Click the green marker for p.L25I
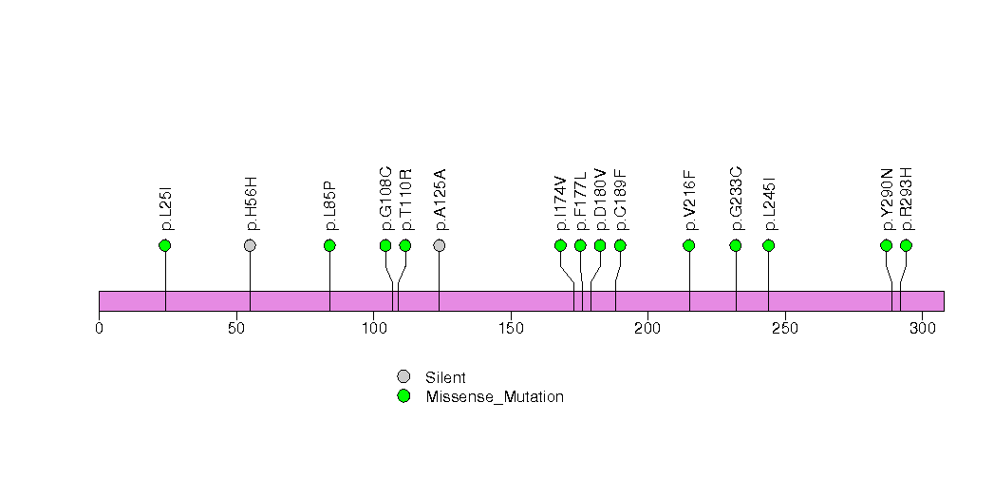coord(165,245)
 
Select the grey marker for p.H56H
coord(250,245)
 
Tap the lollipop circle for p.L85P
coord(329,245)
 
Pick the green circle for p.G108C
coord(385,245)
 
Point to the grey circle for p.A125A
coord(440,245)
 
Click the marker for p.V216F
coord(689,245)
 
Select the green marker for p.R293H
coord(906,245)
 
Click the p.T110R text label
coord(406,201)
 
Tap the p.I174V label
coord(561,202)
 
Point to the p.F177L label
coord(581,201)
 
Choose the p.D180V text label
coord(601,201)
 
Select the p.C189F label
coord(621,201)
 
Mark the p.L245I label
coord(769,202)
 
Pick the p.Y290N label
coord(887,201)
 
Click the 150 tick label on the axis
coord(510,329)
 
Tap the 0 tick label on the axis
coord(99,329)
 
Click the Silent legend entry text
coord(445,377)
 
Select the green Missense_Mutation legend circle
coord(403,396)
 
